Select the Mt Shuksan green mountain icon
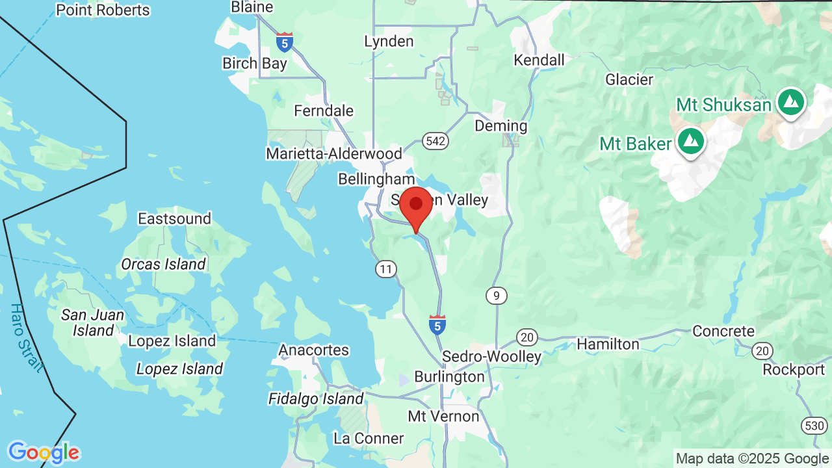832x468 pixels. [790, 103]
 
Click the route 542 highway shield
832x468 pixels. [435, 141]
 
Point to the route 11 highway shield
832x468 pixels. [386, 268]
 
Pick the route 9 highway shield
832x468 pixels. [496, 296]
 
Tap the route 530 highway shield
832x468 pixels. [814, 426]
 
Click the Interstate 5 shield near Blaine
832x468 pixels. [284, 43]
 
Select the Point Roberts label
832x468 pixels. [103, 10]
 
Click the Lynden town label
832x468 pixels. [389, 42]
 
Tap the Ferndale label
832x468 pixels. [324, 111]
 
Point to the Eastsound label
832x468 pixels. [175, 218]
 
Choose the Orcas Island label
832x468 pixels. [163, 264]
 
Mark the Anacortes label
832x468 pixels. [314, 350]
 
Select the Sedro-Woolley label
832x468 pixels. [491, 357]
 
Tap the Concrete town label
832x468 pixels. [723, 331]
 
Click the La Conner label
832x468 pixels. [369, 439]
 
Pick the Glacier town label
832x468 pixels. [629, 80]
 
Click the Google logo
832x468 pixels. [43, 452]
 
